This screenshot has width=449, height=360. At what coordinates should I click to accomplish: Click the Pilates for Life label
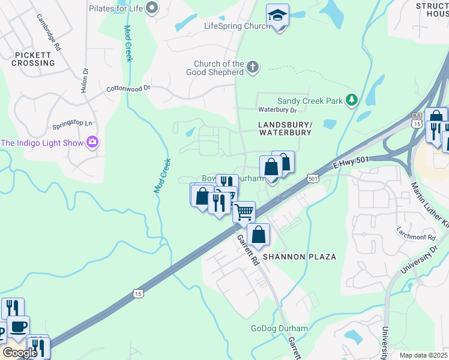tap(116, 8)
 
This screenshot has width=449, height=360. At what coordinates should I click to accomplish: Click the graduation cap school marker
tap(277, 16)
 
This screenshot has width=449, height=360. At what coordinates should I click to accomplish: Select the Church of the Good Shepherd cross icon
tap(253, 67)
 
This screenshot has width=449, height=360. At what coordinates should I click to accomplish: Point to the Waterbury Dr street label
tap(277, 110)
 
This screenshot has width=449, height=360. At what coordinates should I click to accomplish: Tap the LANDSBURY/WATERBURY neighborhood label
tap(285, 128)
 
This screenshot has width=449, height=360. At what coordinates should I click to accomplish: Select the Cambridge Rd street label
tap(49, 32)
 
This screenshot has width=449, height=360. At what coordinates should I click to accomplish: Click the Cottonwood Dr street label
tap(128, 88)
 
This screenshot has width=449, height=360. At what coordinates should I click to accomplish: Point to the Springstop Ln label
tap(74, 125)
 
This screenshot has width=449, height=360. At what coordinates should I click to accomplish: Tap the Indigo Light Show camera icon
tap(92, 142)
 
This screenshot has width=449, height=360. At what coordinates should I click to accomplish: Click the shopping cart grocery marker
tap(244, 212)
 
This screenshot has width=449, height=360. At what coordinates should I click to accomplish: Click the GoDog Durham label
tap(279, 328)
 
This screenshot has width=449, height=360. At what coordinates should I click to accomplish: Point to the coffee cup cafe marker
tap(18, 327)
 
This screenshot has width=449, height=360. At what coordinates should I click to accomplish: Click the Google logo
tap(19, 352)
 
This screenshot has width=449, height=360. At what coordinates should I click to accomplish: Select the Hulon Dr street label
tap(85, 79)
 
